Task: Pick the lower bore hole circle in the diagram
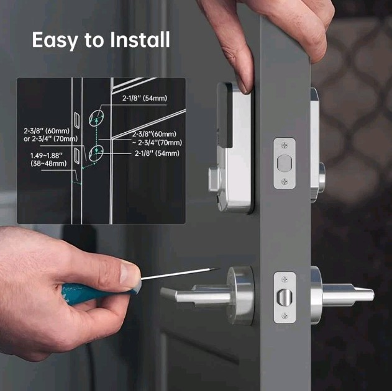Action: pyautogui.click(x=95, y=152)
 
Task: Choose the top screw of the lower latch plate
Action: pyautogui.click(x=285, y=276)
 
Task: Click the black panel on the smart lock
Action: pyautogui.click(x=226, y=118)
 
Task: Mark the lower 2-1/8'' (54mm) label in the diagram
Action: pyautogui.click(x=157, y=153)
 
